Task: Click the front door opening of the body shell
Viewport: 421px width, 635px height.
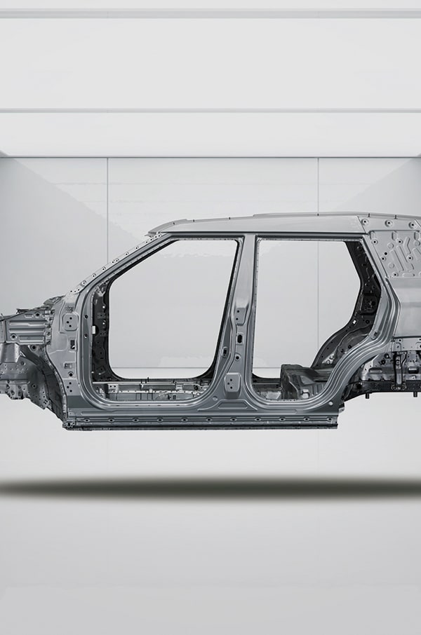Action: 168,308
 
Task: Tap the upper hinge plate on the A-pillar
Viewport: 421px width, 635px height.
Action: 71,322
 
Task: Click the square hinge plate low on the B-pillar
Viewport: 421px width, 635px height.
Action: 232,383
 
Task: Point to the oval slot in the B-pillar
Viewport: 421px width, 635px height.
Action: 239,338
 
